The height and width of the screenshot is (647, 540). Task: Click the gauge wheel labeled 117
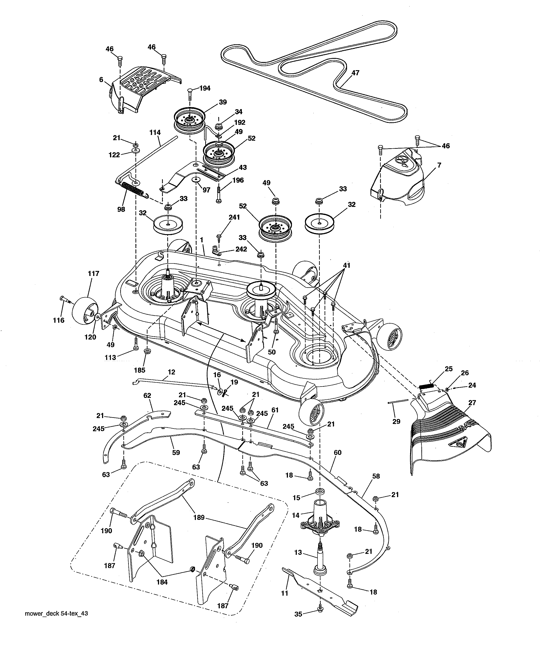(x=84, y=311)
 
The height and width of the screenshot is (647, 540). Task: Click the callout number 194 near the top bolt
(x=205, y=88)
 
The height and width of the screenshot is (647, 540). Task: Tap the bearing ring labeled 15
(x=320, y=491)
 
